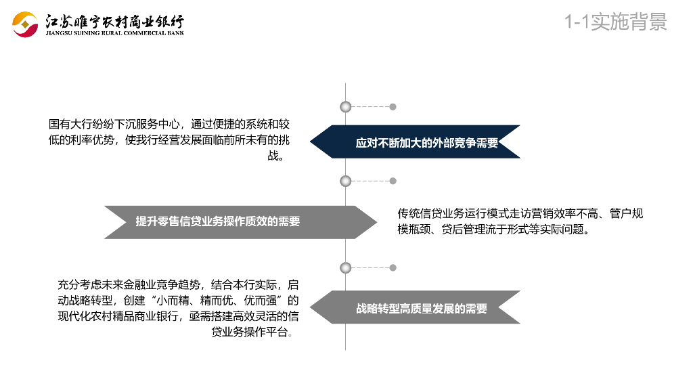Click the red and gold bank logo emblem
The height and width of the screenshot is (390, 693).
click(25, 25)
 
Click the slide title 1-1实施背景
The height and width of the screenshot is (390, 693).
click(616, 22)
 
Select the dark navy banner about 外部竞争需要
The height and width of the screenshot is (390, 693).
click(420, 142)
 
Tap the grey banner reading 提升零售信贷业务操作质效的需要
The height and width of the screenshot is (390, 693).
click(223, 221)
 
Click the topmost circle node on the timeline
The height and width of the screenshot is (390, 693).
click(346, 106)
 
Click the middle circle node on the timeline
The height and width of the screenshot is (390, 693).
click(346, 181)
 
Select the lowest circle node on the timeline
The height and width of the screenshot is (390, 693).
click(346, 267)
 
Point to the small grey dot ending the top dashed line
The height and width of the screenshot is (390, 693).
click(393, 106)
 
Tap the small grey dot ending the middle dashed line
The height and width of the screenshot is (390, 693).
click(393, 181)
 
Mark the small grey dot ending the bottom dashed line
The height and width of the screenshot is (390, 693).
click(393, 267)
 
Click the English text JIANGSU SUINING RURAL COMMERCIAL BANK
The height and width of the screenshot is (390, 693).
click(114, 32)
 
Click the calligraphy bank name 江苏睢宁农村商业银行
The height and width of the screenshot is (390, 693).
click(114, 21)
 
